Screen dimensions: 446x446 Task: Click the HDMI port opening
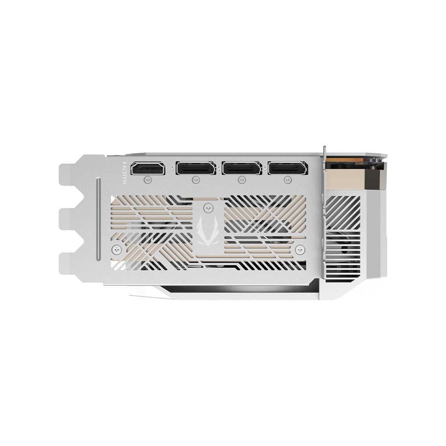[x=147, y=169]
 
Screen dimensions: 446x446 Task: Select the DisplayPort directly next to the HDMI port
[x=196, y=169]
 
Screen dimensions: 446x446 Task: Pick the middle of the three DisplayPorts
[x=242, y=169]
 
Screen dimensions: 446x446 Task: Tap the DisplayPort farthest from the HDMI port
[x=288, y=169]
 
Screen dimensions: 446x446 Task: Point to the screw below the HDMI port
[x=149, y=179]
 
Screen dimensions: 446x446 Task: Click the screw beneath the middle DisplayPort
[x=242, y=180]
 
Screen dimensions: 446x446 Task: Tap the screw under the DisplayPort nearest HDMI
[x=195, y=180]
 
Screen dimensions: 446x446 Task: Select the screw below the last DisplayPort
[x=287, y=180]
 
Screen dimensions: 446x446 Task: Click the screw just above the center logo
[x=207, y=207]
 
